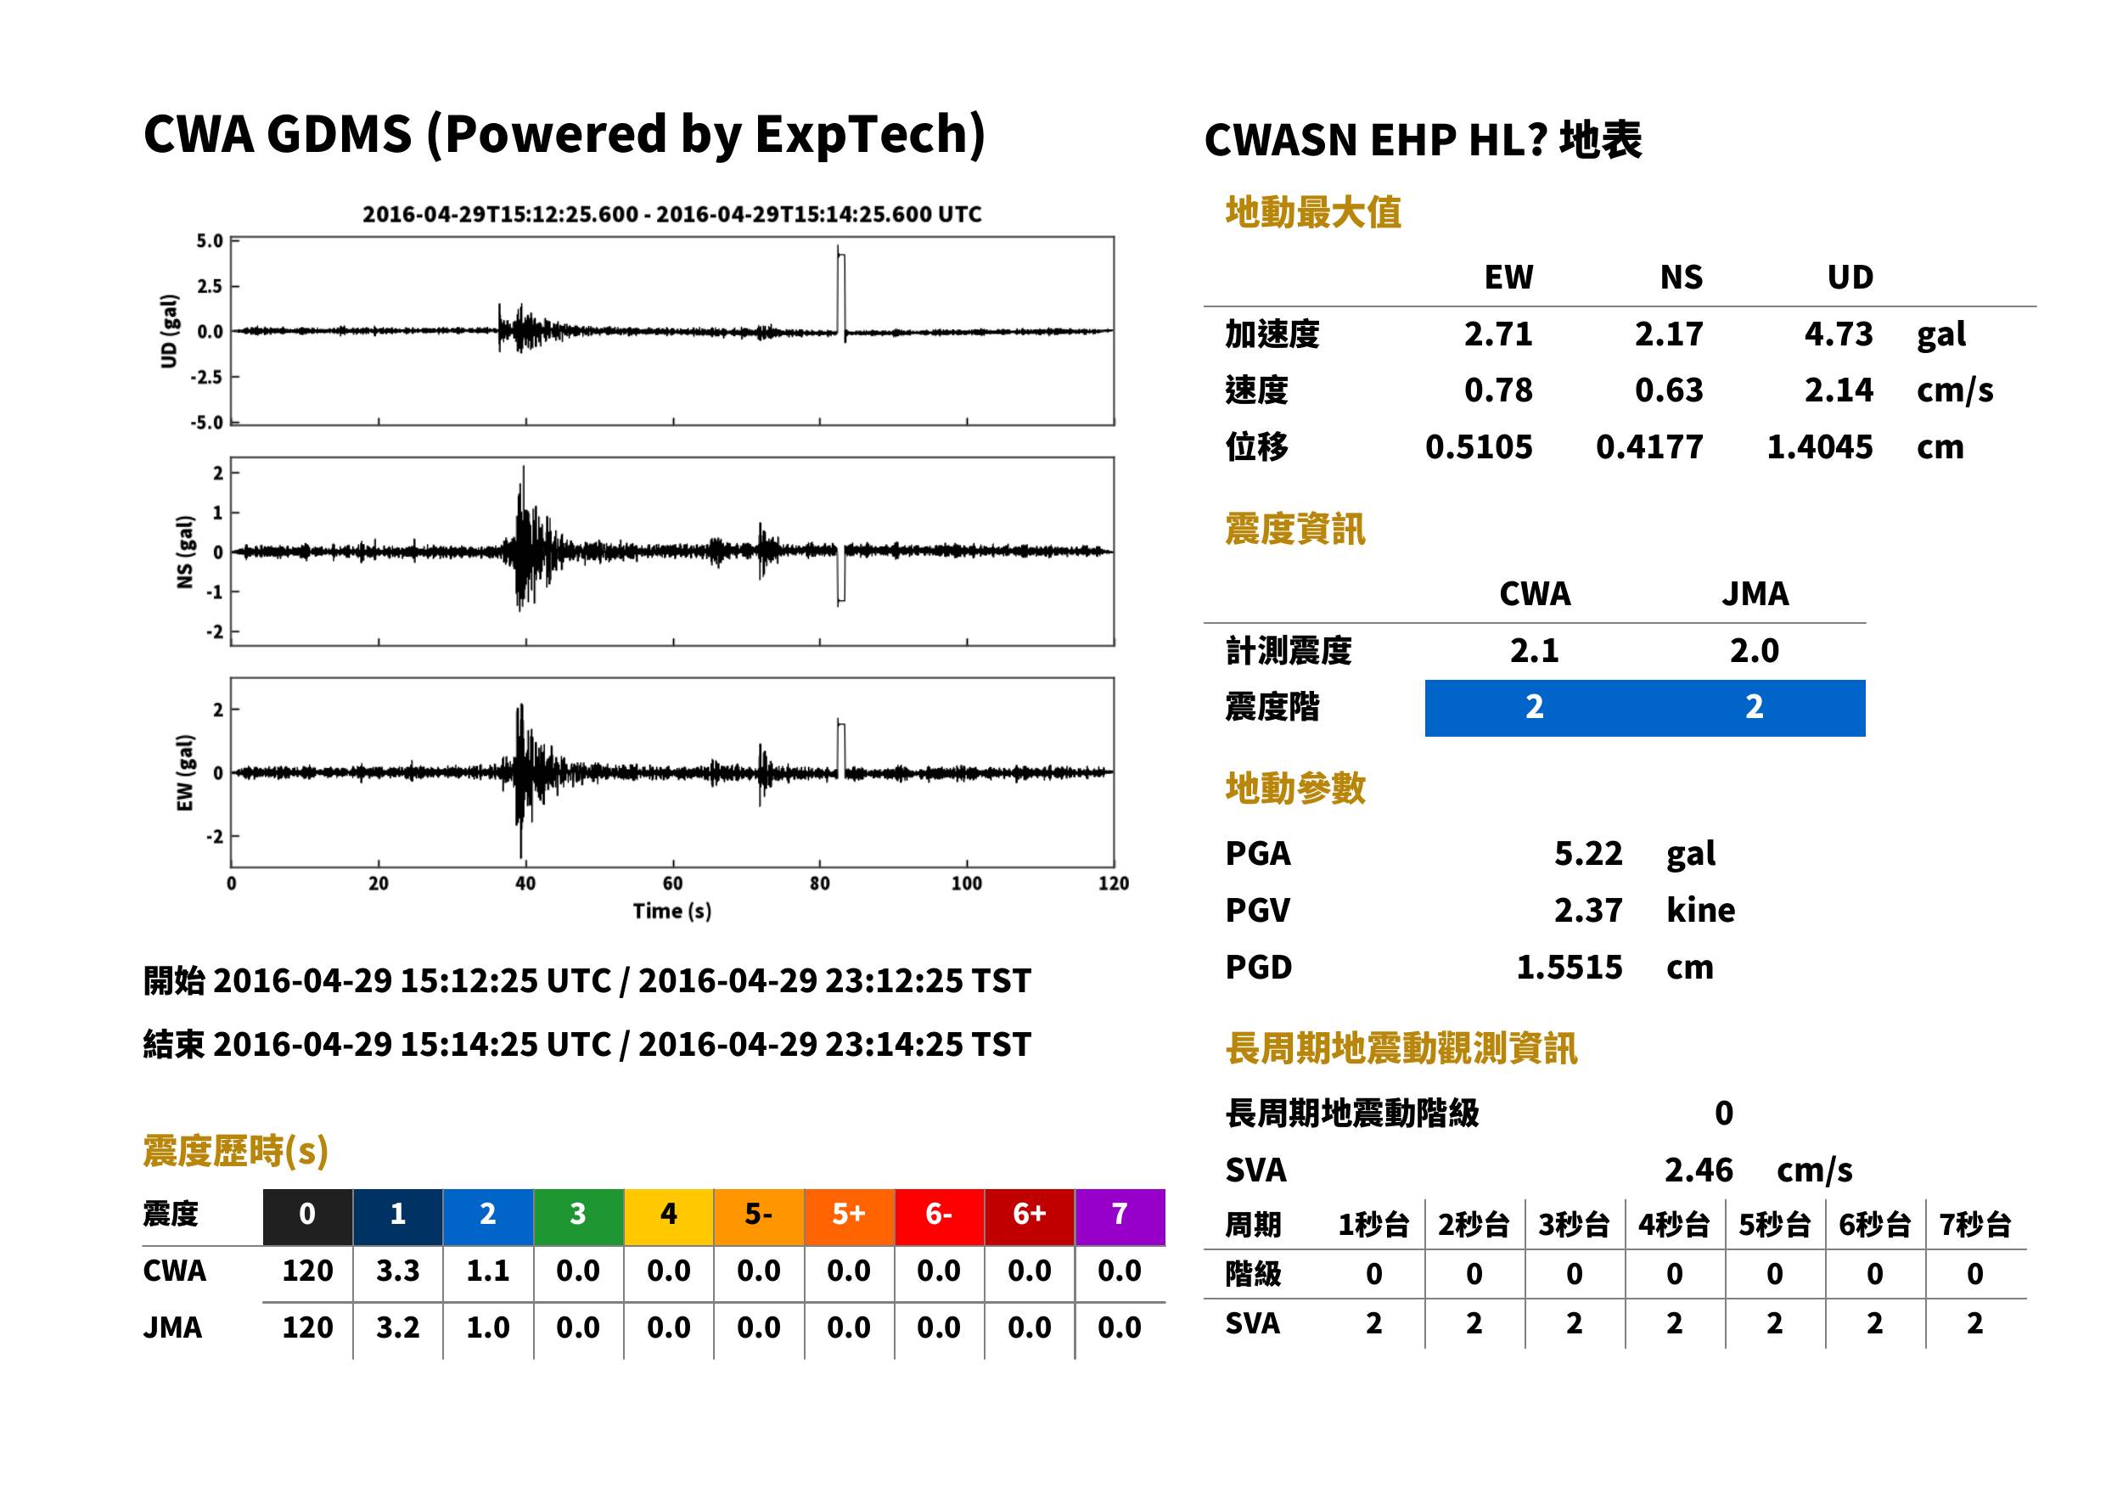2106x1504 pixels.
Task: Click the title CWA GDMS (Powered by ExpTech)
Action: pos(564,134)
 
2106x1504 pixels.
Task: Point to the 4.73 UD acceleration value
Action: pos(1838,334)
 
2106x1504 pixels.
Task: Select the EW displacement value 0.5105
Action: pos(1478,446)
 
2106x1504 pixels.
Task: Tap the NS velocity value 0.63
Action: pos(1668,390)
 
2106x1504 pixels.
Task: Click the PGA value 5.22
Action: pos(1587,853)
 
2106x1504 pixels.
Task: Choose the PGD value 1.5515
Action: pos(1569,967)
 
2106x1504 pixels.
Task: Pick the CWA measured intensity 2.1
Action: pos(1534,650)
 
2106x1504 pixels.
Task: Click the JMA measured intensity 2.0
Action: pos(1754,650)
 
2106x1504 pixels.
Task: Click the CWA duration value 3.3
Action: pos(397,1271)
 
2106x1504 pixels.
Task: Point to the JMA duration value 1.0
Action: pos(487,1327)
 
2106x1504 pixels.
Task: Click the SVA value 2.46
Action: pos(1698,1170)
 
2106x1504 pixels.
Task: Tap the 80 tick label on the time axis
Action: pos(820,884)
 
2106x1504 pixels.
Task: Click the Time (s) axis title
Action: pos(672,912)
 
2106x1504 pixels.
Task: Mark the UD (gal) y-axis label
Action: pos(169,331)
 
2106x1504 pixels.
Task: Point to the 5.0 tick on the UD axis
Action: pos(210,241)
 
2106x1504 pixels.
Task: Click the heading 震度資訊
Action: pos(1294,529)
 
